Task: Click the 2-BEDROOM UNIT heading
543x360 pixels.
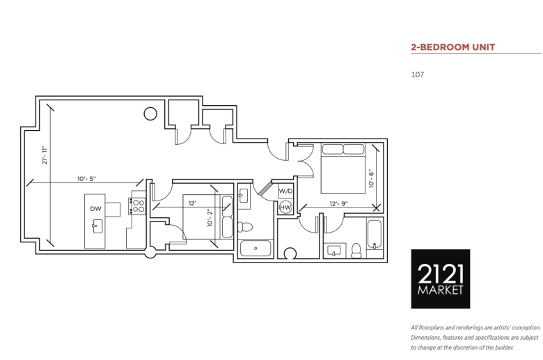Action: pyautogui.click(x=453, y=47)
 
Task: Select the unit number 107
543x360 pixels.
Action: pyautogui.click(x=417, y=75)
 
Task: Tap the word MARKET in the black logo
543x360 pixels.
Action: pyautogui.click(x=440, y=290)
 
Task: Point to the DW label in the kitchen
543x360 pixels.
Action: pyautogui.click(x=95, y=209)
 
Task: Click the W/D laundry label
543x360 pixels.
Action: pyautogui.click(x=285, y=191)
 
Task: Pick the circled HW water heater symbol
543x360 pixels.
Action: pyautogui.click(x=285, y=208)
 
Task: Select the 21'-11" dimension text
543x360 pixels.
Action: pyautogui.click(x=45, y=155)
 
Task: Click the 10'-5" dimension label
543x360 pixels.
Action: pyautogui.click(x=86, y=179)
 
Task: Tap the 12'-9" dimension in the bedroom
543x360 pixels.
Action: pyautogui.click(x=338, y=204)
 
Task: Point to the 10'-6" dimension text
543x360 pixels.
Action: pyautogui.click(x=371, y=178)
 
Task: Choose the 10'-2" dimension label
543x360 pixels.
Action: pyautogui.click(x=210, y=217)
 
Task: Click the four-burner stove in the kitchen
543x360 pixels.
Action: pyautogui.click(x=138, y=206)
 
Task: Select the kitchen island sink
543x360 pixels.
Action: pyautogui.click(x=97, y=226)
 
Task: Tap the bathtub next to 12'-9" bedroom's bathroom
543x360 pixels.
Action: pyautogui.click(x=375, y=235)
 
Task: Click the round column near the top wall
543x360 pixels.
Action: pyautogui.click(x=150, y=114)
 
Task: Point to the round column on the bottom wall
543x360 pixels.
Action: pyautogui.click(x=150, y=252)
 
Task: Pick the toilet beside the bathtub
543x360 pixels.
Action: pyautogui.click(x=356, y=251)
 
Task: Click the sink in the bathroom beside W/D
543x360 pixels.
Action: pyautogui.click(x=244, y=196)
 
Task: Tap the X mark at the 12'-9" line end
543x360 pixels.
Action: pyautogui.click(x=377, y=208)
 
